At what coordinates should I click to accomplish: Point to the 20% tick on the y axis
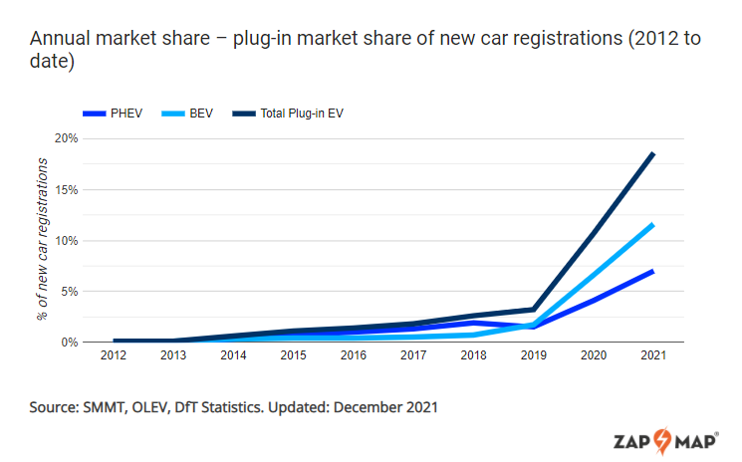click(65, 138)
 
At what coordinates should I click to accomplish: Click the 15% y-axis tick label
click(65, 189)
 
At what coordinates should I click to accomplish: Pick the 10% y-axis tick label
click(65, 240)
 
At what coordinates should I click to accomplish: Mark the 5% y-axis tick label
click(68, 291)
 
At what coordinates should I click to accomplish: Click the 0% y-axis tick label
click(68, 342)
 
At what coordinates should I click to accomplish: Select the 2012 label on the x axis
click(116, 356)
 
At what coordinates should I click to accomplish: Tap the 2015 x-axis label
click(295, 356)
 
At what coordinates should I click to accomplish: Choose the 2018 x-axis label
click(474, 356)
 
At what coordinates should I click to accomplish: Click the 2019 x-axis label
click(534, 356)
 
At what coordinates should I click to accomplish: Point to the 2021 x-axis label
click(653, 356)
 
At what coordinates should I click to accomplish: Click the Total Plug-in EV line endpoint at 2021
click(653, 153)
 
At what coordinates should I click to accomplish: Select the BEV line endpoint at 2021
click(653, 224)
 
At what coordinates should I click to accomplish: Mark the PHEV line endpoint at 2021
click(653, 271)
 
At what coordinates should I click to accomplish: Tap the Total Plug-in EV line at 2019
click(534, 310)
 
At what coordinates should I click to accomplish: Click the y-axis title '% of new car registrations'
click(42, 240)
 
